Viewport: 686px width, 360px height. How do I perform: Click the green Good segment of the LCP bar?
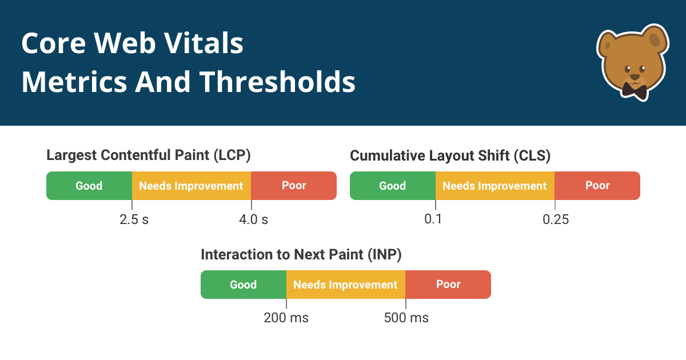coord(89,186)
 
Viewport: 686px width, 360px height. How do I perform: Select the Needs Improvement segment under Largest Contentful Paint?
coord(192,186)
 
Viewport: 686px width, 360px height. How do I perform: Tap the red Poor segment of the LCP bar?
coord(294,186)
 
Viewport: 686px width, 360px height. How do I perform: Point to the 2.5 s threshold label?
coord(134,219)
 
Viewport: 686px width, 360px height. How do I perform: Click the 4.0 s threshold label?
coord(253,219)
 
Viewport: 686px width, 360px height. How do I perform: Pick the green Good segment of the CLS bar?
coord(393,186)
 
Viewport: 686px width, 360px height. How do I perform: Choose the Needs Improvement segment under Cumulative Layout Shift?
coord(495,186)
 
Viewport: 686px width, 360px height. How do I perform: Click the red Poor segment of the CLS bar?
coord(597,186)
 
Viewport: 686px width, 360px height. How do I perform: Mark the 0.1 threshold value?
coord(433,219)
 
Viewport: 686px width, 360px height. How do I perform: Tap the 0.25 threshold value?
coord(556,219)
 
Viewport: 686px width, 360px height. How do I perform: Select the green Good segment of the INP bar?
coord(244,285)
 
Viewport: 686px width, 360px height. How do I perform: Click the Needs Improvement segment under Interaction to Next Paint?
coord(346,285)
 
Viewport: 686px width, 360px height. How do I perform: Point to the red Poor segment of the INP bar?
coord(448,285)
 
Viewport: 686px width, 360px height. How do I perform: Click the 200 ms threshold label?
coord(286,318)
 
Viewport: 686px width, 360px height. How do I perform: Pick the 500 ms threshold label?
coord(406,318)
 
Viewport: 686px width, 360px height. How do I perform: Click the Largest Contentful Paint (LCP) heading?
coord(149,155)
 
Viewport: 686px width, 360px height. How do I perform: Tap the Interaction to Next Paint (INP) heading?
coord(301,255)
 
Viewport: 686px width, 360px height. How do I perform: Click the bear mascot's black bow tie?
coord(634,90)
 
